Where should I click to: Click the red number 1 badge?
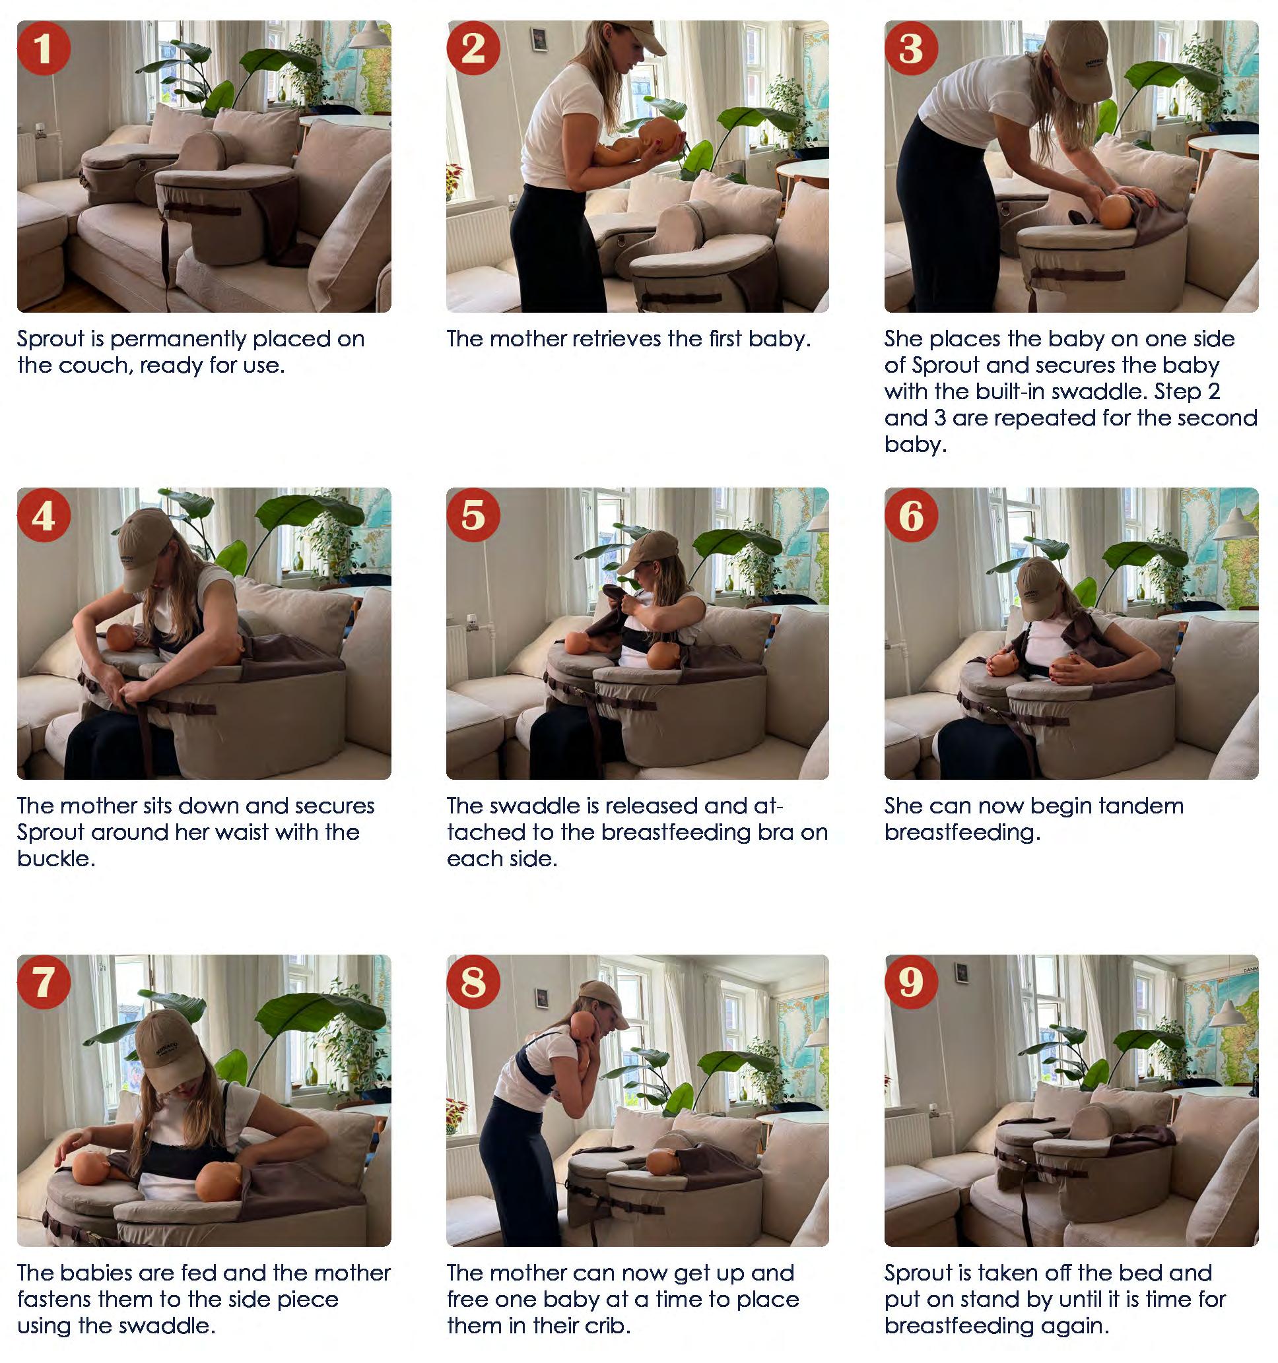pyautogui.click(x=43, y=48)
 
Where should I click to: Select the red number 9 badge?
pyautogui.click(x=911, y=982)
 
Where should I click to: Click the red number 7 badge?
pyautogui.click(x=43, y=982)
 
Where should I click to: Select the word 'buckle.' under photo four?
pyautogui.click(x=56, y=858)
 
